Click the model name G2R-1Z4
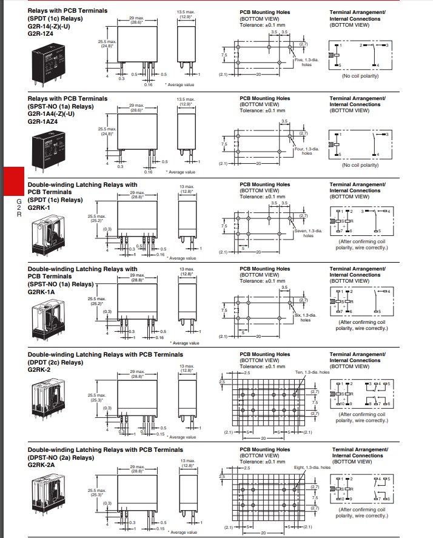(x=41, y=34)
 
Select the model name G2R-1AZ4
(x=42, y=121)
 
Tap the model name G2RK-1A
(x=40, y=291)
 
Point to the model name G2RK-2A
(x=41, y=465)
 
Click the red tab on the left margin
(x=13, y=181)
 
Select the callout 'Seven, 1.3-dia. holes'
(x=306, y=233)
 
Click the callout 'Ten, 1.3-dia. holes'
(x=312, y=372)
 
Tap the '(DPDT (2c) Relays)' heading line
(x=55, y=362)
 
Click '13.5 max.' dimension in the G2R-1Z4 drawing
(x=186, y=12)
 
